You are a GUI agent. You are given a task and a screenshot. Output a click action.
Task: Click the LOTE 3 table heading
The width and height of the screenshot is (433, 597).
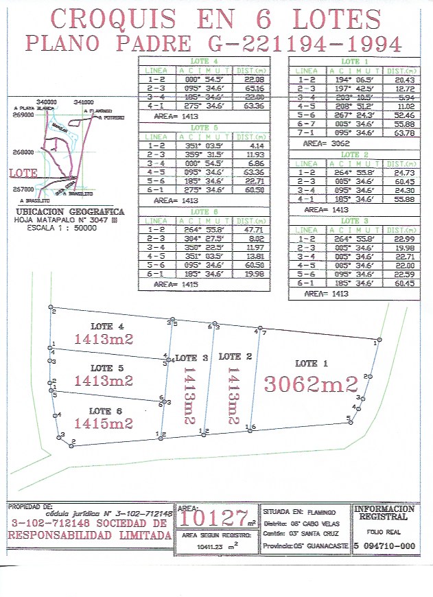tap(350, 220)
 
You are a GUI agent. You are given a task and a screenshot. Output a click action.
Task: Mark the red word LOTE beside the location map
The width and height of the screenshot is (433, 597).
tap(23, 174)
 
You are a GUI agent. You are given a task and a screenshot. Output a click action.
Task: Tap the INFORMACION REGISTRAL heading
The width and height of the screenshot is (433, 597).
tap(385, 513)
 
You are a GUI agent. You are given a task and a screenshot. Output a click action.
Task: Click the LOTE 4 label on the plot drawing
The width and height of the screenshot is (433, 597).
tap(106, 327)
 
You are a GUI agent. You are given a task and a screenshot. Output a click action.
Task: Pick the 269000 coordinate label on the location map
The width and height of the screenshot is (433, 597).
tap(23, 116)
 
